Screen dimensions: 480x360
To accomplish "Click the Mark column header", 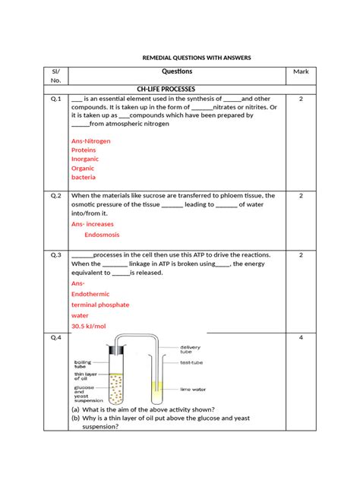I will tap(301, 71).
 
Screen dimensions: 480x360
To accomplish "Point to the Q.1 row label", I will tap(55, 99).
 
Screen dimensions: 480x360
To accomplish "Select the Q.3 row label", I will tap(55, 254).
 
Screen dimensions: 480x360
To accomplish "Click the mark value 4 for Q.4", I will tap(301, 337).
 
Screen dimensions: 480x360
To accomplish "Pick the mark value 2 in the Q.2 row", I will tap(301, 195).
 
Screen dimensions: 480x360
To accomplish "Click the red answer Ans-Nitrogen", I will tap(91, 141).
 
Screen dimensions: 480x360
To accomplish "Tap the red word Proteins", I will tap(85, 150).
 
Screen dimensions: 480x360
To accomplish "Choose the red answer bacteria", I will tap(84, 177).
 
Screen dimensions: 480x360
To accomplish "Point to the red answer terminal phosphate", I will tap(100, 305).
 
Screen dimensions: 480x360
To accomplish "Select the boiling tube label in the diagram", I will tap(84, 365).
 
